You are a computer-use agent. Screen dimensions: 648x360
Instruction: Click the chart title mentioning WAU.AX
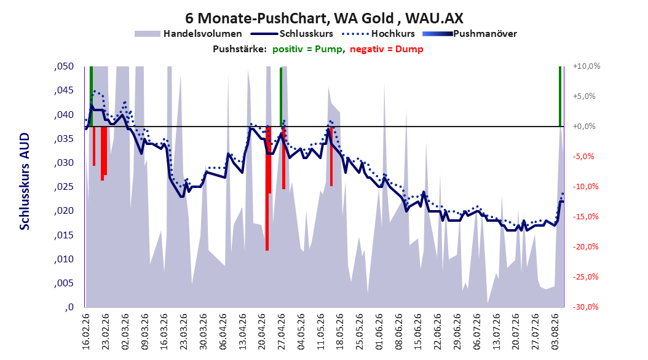(x=324, y=18)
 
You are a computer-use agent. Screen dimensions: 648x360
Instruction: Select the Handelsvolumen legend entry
(x=189, y=34)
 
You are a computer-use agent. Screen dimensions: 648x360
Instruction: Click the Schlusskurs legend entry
(x=292, y=34)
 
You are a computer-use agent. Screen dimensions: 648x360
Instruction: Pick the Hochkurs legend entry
(x=378, y=34)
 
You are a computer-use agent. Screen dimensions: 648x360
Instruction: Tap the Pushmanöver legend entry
(x=470, y=34)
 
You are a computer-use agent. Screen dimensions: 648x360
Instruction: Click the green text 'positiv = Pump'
(x=307, y=49)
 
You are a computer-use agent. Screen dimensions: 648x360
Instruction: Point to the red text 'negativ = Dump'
(x=387, y=49)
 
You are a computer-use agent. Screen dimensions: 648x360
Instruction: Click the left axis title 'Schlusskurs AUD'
(x=25, y=181)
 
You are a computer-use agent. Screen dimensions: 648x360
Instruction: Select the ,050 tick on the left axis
(x=64, y=66)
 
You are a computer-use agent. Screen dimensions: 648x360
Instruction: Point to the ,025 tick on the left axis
(x=64, y=187)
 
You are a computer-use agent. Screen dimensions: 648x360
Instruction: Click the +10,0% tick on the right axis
(x=587, y=66)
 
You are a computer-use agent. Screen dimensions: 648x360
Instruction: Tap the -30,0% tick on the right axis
(x=585, y=307)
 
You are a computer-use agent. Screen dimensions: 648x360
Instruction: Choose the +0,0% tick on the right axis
(x=584, y=127)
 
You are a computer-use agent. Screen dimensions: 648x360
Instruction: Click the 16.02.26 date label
(x=86, y=332)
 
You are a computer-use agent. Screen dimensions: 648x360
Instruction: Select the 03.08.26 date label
(x=555, y=332)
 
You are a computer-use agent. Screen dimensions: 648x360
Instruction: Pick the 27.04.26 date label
(x=282, y=332)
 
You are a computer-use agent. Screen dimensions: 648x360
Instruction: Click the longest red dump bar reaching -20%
(x=267, y=188)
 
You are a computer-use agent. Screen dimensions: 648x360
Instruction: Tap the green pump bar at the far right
(x=560, y=96)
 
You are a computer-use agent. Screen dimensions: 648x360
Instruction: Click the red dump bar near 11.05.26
(x=331, y=156)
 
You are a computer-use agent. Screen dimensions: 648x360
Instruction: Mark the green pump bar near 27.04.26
(x=281, y=97)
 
